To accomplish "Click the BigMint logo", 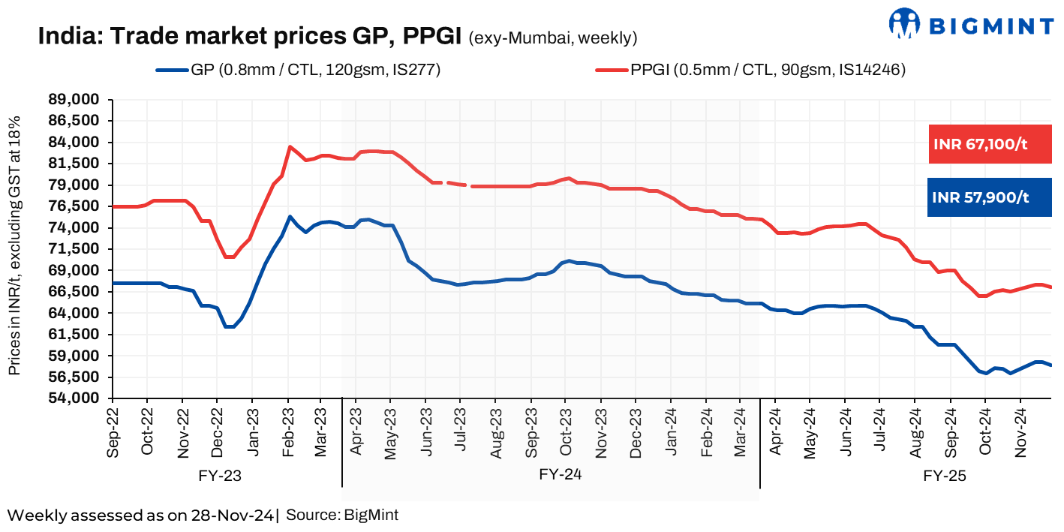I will pos(971,24).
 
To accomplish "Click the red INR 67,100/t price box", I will pos(989,144).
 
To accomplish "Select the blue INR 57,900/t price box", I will pos(989,197).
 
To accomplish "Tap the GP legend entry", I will pos(298,71).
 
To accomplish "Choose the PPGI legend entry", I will pos(750,71).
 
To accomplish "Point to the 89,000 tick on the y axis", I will pos(78,100).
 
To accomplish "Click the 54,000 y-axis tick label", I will pos(78,398).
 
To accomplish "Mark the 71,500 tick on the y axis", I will pos(78,249).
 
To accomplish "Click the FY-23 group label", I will pos(221,476).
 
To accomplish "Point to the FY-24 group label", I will pos(561,474).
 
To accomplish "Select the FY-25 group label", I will pos(945,476).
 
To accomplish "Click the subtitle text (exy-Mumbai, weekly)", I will pos(552,38).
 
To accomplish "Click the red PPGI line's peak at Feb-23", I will pos(290,147).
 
